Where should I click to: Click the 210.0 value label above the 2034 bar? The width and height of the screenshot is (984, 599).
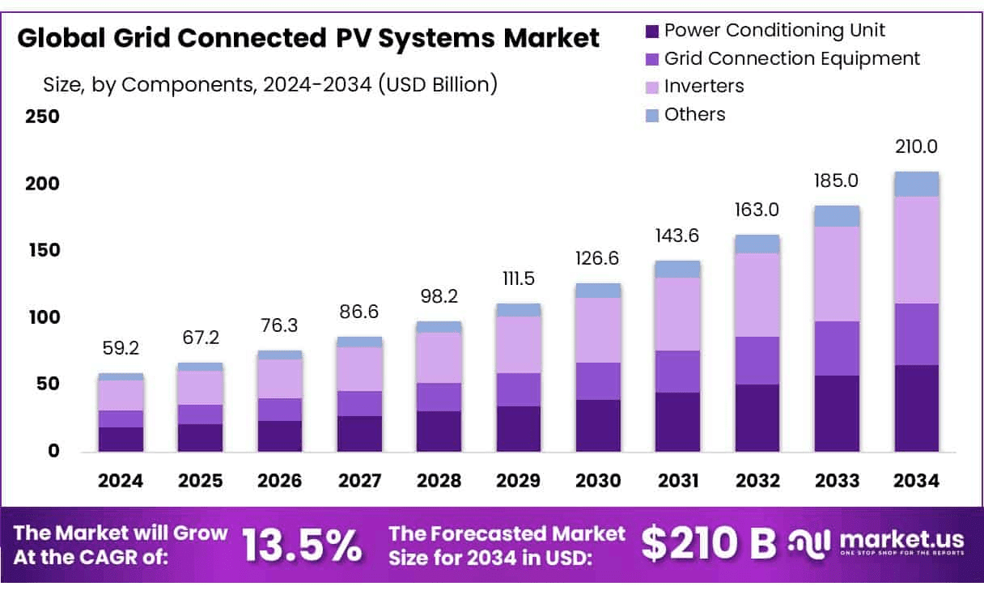(916, 147)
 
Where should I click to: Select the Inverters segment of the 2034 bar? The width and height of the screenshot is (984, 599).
(916, 249)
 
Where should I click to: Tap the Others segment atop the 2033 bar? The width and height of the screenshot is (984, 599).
(837, 215)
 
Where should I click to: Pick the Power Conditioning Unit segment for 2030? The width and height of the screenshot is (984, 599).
(598, 425)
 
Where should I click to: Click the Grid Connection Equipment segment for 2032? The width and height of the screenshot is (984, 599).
(757, 360)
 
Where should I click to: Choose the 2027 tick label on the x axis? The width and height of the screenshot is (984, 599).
(359, 481)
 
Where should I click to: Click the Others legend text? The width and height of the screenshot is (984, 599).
(694, 114)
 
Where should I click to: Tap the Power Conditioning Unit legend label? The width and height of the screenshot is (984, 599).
(774, 31)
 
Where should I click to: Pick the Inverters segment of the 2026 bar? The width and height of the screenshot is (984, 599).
(280, 378)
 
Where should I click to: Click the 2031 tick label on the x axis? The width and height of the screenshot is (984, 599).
(678, 481)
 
